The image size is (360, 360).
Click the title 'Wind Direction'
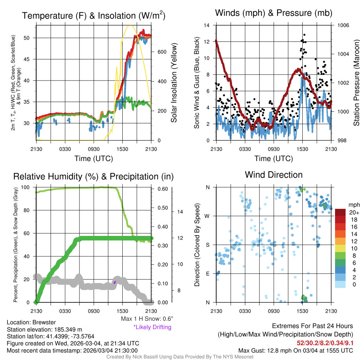(274, 175)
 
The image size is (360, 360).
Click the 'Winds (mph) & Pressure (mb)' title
(274, 13)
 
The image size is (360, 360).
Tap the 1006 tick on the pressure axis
(343, 25)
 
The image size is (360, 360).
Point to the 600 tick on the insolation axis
(161, 52)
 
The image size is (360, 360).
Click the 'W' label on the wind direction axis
(208, 216)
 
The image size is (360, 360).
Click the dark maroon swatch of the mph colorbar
(341, 212)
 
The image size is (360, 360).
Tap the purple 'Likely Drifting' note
(152, 327)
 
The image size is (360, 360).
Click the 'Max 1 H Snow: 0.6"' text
(147, 319)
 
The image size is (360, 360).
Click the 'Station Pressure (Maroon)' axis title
(356, 83)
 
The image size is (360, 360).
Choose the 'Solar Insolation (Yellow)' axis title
(174, 83)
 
